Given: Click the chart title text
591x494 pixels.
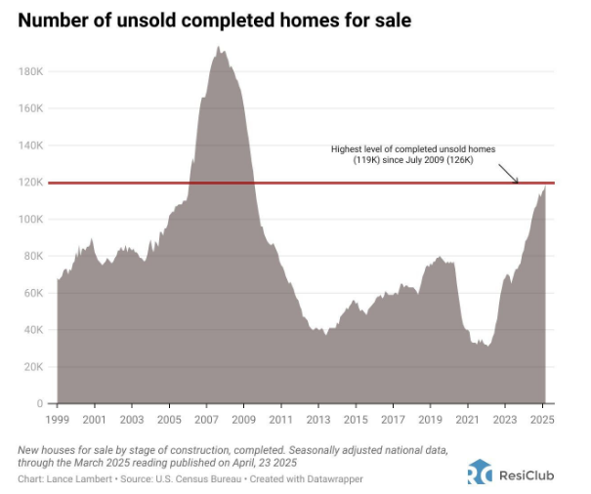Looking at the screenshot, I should tap(211, 20).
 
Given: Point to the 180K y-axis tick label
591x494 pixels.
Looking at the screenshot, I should tap(31, 71).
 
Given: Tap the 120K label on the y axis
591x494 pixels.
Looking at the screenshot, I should tap(31, 183).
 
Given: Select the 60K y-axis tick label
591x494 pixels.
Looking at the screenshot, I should tap(33, 293).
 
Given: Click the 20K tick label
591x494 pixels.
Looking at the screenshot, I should tap(33, 366).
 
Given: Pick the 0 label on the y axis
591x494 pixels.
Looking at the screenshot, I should tap(40, 403).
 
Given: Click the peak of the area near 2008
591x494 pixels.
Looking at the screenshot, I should tap(218, 46).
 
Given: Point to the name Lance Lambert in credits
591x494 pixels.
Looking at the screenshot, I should tap(71, 480).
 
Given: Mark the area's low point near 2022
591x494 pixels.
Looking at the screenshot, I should tap(485, 346).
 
